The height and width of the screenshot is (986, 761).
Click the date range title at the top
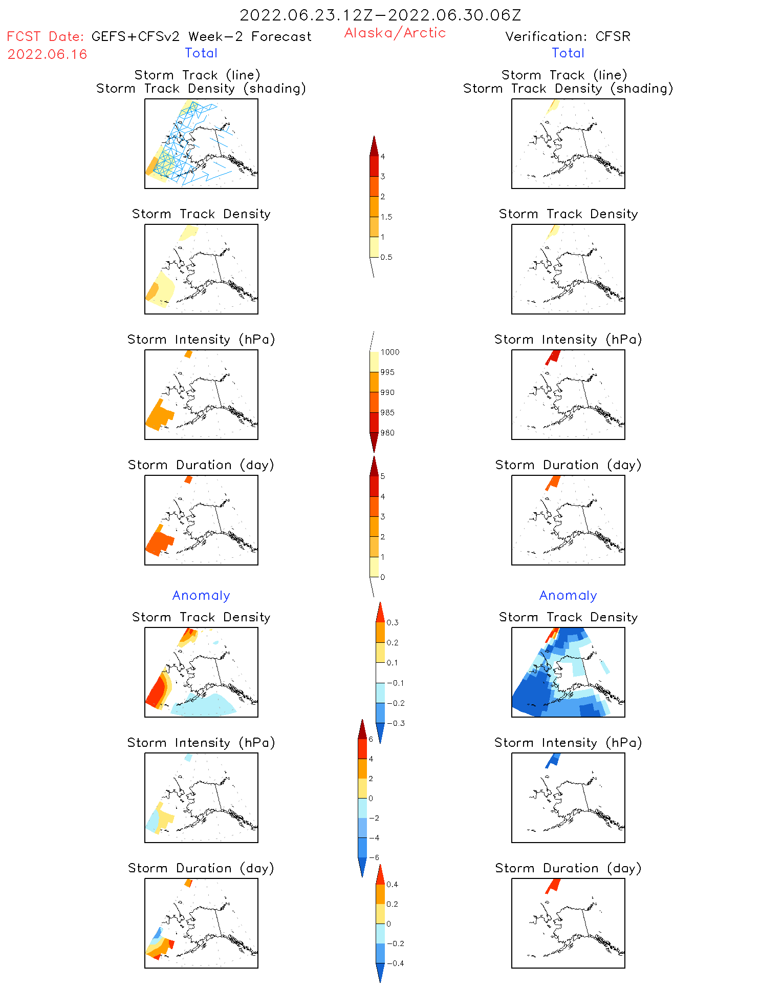(380, 15)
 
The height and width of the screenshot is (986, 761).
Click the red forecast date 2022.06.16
(48, 54)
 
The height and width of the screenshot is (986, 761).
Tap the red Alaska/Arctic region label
(395, 33)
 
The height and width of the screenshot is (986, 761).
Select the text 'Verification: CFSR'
(568, 36)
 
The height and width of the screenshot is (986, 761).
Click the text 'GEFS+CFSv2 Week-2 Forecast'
(201, 36)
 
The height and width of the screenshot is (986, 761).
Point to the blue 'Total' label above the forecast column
(201, 53)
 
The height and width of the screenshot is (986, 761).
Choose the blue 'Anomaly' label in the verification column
(568, 595)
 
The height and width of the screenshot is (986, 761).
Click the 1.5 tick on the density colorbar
(386, 217)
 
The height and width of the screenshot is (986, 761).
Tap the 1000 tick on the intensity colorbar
(389, 352)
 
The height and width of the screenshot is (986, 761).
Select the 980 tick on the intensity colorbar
(387, 433)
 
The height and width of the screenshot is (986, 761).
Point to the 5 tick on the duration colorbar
(382, 476)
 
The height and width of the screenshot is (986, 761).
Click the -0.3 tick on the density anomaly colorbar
(395, 723)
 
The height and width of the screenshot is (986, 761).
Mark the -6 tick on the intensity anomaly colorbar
(374, 857)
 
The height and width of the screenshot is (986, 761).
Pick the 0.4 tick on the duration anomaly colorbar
(392, 884)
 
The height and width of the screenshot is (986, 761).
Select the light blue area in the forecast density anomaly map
(205, 706)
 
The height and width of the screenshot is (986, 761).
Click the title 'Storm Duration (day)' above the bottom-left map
(201, 868)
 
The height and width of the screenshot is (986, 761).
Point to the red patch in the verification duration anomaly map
(553, 885)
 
